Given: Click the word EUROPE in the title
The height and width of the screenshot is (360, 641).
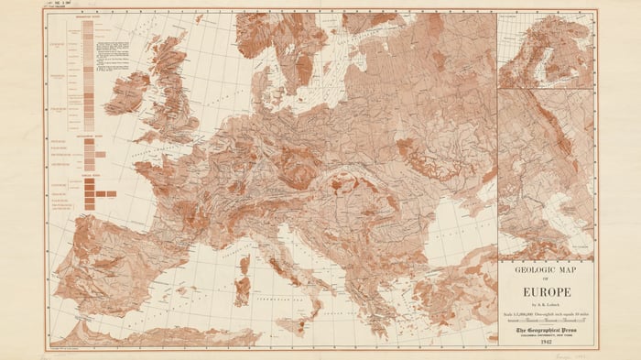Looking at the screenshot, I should point(546,293).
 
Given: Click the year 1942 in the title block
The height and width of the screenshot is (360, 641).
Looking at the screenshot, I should point(546,341).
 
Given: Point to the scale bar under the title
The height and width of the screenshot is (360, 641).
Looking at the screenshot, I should point(546,320).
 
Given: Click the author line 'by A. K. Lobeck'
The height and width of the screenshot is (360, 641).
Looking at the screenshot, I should point(546,305).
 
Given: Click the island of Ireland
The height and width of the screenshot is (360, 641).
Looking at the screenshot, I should point(126,92).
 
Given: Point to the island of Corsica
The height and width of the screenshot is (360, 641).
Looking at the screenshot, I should point(244,266).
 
